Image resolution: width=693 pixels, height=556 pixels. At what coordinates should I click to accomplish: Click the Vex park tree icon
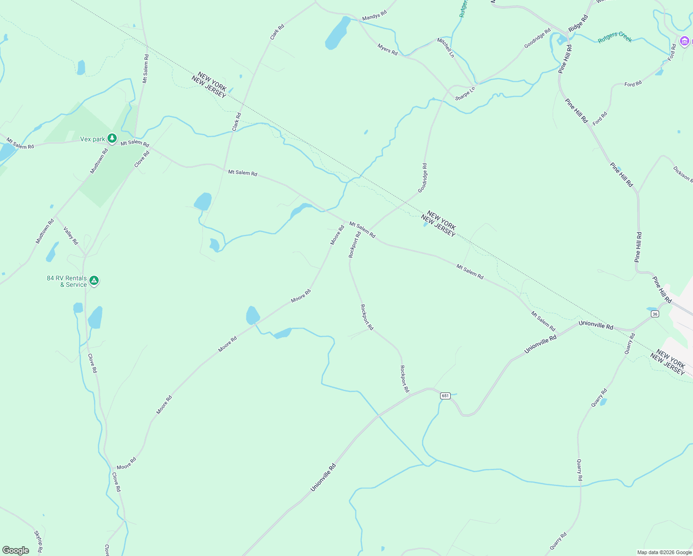pyautogui.click(x=112, y=138)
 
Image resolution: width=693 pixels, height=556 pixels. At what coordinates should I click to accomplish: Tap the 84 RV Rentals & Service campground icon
pyautogui.click(x=94, y=280)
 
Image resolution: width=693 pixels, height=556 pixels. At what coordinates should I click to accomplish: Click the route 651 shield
pyautogui.click(x=445, y=396)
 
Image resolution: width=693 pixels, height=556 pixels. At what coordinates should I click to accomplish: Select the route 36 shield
pyautogui.click(x=655, y=314)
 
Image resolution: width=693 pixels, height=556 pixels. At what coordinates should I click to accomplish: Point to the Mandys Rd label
pyautogui.click(x=374, y=17)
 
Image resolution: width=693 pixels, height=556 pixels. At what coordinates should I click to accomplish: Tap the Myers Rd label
pyautogui.click(x=387, y=50)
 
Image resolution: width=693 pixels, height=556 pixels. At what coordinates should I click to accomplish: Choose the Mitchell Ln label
pyautogui.click(x=446, y=48)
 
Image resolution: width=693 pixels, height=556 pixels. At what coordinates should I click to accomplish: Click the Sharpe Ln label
pyautogui.click(x=465, y=94)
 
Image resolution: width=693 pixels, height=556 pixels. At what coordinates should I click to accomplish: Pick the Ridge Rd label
pyautogui.click(x=578, y=23)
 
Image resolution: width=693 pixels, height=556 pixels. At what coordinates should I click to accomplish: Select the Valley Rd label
pyautogui.click(x=71, y=235)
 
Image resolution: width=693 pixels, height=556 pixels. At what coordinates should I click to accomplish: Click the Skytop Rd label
pyautogui.click(x=38, y=541)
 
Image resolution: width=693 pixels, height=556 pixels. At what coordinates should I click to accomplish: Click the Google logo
pyautogui.click(x=16, y=550)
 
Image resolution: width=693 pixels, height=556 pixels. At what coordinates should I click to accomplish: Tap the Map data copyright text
pyautogui.click(x=664, y=552)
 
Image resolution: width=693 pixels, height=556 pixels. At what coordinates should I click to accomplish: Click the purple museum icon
pyautogui.click(x=684, y=41)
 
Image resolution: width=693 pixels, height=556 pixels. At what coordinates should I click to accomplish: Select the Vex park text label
pyautogui.click(x=93, y=139)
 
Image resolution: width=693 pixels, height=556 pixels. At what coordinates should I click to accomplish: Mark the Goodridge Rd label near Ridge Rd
pyautogui.click(x=537, y=38)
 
